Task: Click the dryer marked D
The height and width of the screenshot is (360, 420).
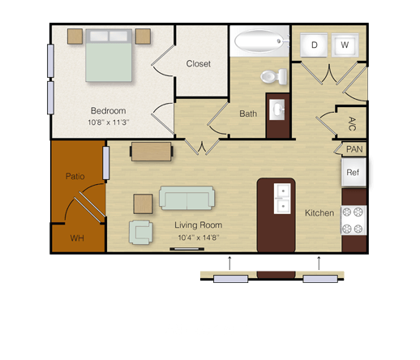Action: click(314, 45)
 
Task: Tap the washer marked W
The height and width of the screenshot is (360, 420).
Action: click(345, 45)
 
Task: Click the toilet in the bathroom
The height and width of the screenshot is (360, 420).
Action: click(274, 77)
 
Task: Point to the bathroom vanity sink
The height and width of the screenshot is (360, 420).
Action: click(277, 109)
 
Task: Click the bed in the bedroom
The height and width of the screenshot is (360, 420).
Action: click(109, 55)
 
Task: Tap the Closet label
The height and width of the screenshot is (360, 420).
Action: click(199, 64)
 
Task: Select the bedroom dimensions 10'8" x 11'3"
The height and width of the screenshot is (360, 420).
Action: click(109, 122)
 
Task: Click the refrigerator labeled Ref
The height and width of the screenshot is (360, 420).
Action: click(354, 172)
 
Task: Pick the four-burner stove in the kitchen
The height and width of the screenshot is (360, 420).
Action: click(354, 221)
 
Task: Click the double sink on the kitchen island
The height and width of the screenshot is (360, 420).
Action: click(282, 199)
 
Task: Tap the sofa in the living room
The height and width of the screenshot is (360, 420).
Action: click(187, 198)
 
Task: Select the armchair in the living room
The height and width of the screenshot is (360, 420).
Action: click(141, 233)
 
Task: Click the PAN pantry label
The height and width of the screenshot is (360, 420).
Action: click(354, 149)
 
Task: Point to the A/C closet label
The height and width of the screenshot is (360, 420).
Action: click(352, 124)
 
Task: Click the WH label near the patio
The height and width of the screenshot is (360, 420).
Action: click(77, 238)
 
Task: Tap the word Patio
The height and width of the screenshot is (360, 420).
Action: click(75, 176)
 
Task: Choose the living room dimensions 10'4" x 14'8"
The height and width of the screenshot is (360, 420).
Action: click(199, 238)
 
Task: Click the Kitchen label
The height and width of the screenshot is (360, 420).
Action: click(319, 213)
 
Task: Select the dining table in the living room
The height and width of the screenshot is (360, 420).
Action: click(152, 152)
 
